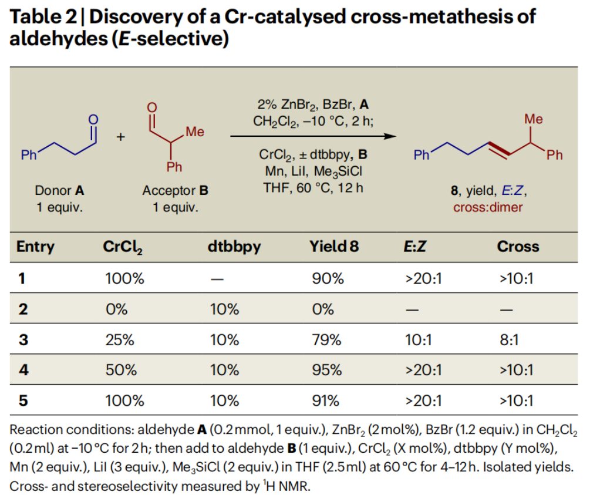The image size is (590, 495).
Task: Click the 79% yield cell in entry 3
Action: pos(327,340)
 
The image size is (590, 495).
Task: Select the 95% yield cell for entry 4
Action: pos(327,371)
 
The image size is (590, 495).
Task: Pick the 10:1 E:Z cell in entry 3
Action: pos(417,340)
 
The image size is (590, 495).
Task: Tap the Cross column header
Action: pos(518,247)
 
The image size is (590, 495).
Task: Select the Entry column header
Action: pos(35,247)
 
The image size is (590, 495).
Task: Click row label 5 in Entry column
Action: pos(23,401)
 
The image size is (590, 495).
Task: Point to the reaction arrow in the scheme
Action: pos(311,136)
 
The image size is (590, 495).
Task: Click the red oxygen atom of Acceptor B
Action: pos(152,107)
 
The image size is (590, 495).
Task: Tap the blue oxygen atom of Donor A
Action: pos(92,119)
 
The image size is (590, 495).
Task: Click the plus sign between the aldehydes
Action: pos(120,137)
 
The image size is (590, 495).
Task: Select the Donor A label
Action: pos(59,191)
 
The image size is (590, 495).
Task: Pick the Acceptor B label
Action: pos(175,191)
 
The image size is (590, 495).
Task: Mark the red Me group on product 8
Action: pos(533,119)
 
